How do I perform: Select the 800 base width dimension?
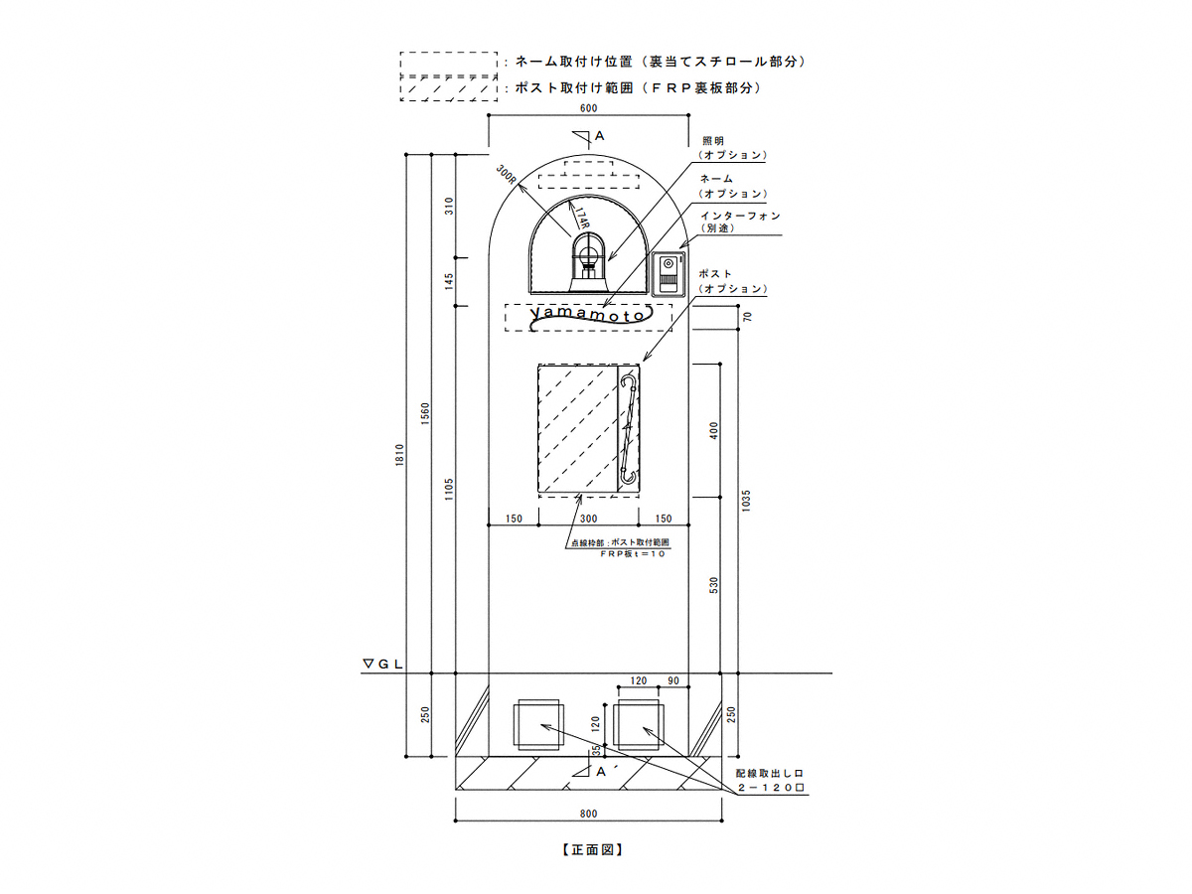click(x=589, y=814)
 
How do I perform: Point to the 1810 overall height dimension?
click(x=399, y=456)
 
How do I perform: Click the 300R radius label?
click(x=508, y=176)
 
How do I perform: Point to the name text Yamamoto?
click(x=589, y=315)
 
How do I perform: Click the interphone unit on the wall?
click(x=668, y=274)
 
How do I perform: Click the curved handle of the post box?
click(x=628, y=430)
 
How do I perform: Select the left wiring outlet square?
click(x=537, y=725)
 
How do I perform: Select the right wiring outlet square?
click(x=640, y=725)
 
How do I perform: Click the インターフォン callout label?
click(x=740, y=216)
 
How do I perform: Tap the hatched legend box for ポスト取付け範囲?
click(x=447, y=88)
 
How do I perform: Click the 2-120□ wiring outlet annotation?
click(x=769, y=787)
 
